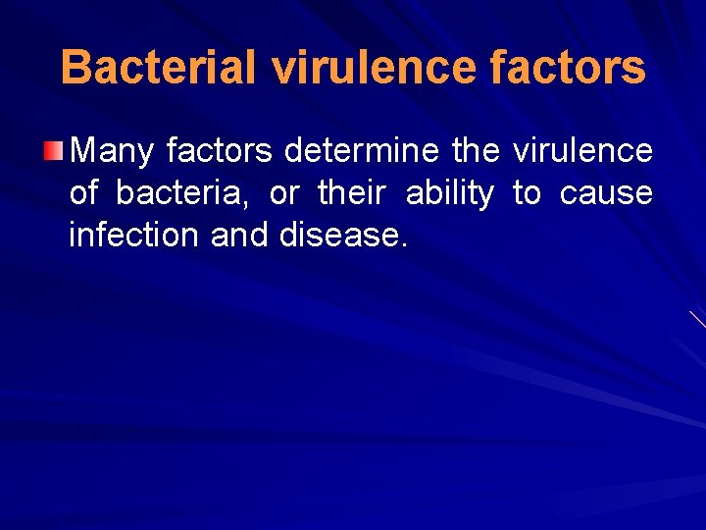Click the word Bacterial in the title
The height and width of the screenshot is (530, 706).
[158, 68]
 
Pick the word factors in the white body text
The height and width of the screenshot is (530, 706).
[221, 151]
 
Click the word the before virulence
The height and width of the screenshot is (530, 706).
[476, 151]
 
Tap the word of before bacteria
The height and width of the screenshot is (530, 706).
[83, 193]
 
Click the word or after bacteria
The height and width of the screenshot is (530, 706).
[282, 193]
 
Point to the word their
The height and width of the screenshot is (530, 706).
[351, 193]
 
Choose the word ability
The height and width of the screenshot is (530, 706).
[449, 193]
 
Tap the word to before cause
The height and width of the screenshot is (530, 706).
[527, 193]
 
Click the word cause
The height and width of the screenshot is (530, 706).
[606, 193]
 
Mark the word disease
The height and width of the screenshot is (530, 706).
[338, 236]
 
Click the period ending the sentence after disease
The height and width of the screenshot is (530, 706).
[402, 246]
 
